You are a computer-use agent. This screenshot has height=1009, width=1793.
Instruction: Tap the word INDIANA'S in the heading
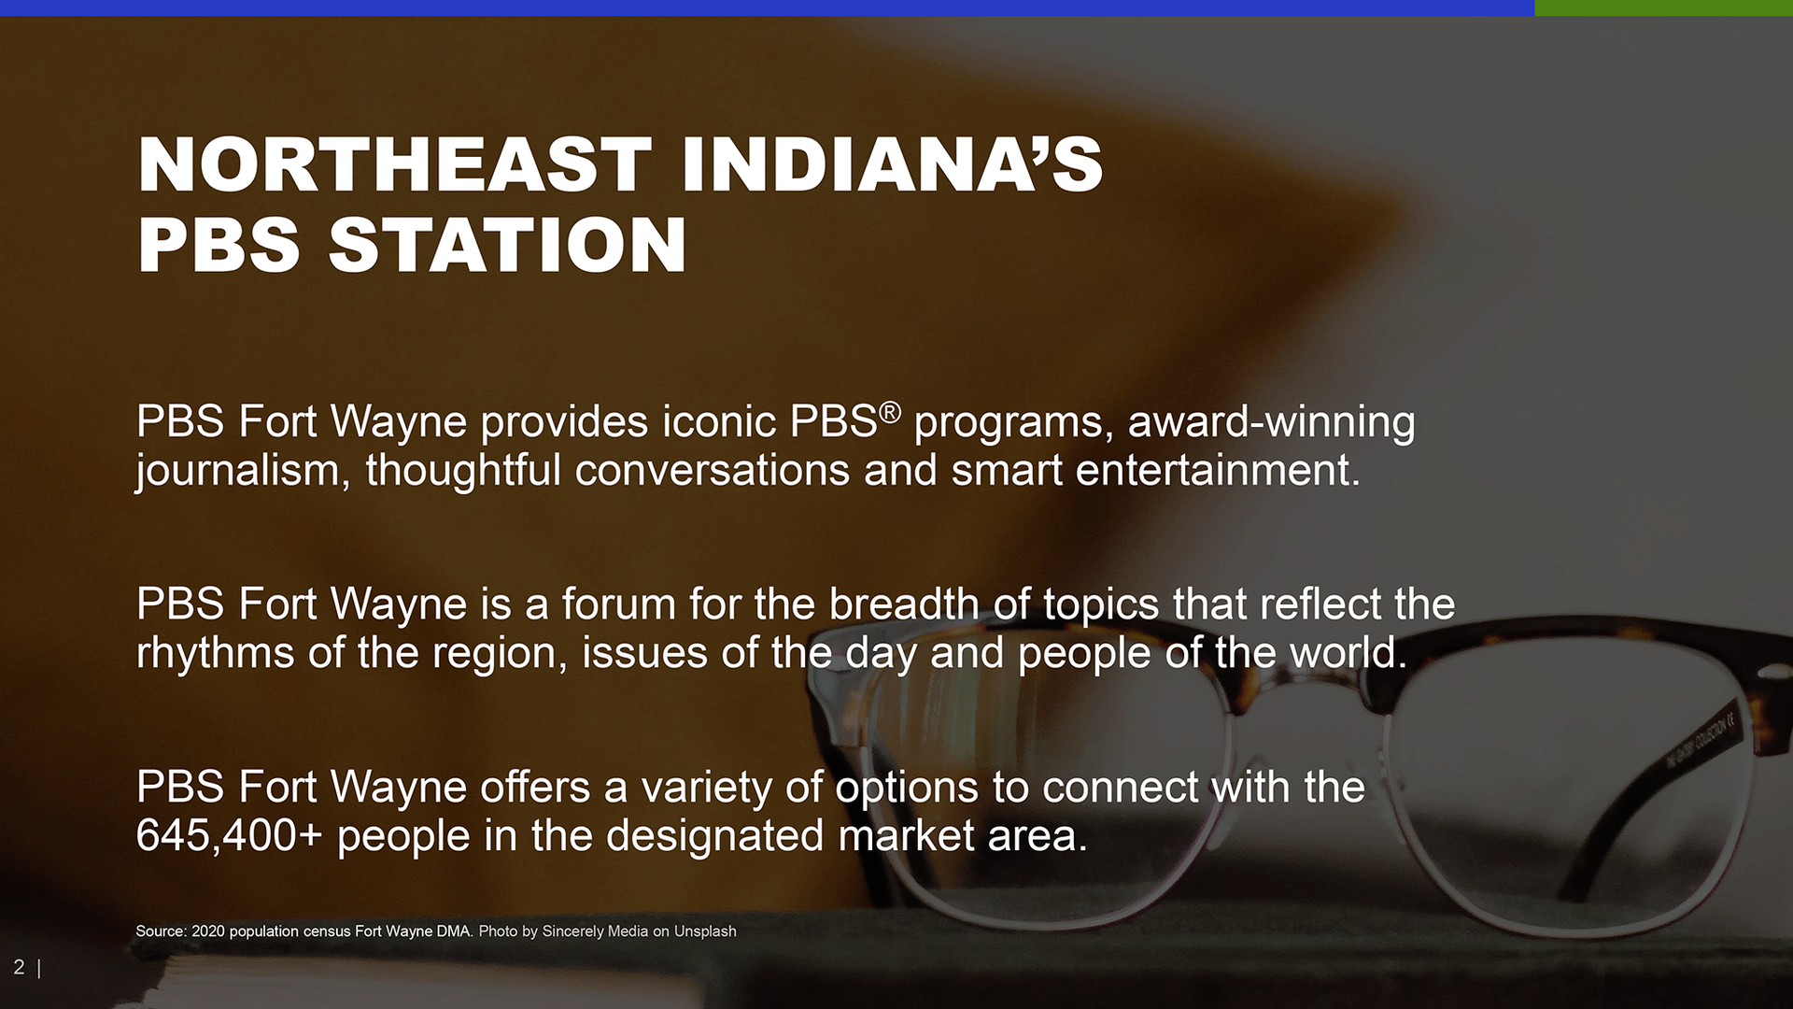click(x=893, y=164)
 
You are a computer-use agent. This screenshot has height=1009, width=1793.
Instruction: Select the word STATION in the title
click(x=507, y=245)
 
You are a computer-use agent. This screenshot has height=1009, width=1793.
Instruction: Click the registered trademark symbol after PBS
click(x=890, y=411)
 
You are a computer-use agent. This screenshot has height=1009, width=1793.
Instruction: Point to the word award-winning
click(x=1272, y=423)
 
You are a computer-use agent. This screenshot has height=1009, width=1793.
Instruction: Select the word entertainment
click(x=1218, y=471)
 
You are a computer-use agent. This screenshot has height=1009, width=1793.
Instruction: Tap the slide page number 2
click(x=19, y=967)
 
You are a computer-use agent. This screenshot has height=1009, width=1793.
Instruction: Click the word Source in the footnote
click(x=161, y=931)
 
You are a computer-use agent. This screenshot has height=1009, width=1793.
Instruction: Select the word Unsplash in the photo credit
click(x=705, y=931)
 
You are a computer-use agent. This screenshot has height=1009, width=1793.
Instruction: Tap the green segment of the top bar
click(x=1664, y=7)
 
